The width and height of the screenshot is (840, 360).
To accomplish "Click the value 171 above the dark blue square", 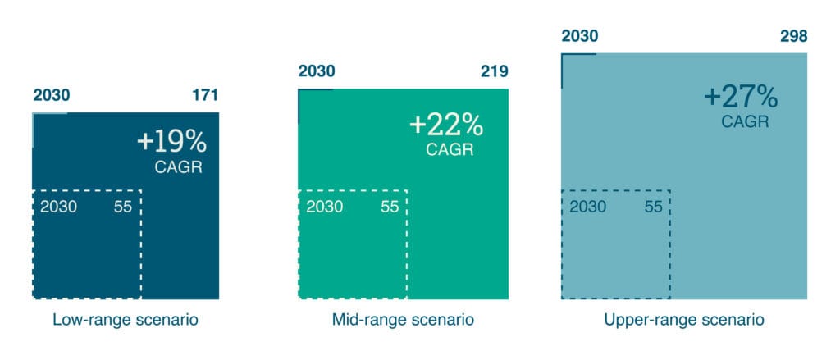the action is pos(205,95).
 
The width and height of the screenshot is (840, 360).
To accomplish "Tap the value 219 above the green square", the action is pos(494,71).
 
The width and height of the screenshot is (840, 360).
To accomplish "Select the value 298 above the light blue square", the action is pos(793,36).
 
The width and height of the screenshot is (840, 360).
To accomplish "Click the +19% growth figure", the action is pos(171,142).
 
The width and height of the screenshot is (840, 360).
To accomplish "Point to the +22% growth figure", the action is pos(446,125).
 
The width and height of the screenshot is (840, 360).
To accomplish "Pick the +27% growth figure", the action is pos(741,98).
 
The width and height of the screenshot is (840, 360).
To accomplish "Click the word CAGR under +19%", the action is pos(178,167).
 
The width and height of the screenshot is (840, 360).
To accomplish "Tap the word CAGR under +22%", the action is pos(450,149).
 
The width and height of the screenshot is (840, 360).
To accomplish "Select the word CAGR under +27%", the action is pos(745,121).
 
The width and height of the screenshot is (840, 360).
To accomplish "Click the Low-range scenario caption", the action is pos(126,321).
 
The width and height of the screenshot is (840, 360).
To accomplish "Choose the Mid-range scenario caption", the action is pos(403,321).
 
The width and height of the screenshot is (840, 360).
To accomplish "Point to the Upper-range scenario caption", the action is pos(684,321).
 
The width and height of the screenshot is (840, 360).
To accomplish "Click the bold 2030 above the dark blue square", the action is pos(52,95).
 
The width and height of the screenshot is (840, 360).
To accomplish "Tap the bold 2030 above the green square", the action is pos(317,71).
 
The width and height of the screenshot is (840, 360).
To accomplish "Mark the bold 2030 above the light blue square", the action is pos(580,36).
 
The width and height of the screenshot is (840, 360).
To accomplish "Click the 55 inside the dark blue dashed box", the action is pos(123,207).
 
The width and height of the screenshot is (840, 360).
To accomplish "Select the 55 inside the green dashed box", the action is pos(390,207).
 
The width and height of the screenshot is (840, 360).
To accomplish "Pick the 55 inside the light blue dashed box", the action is pos(654,207).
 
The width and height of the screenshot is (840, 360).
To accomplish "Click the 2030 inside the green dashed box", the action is pos(325,207).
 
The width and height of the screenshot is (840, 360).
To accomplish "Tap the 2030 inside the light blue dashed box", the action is pos(587,207).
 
